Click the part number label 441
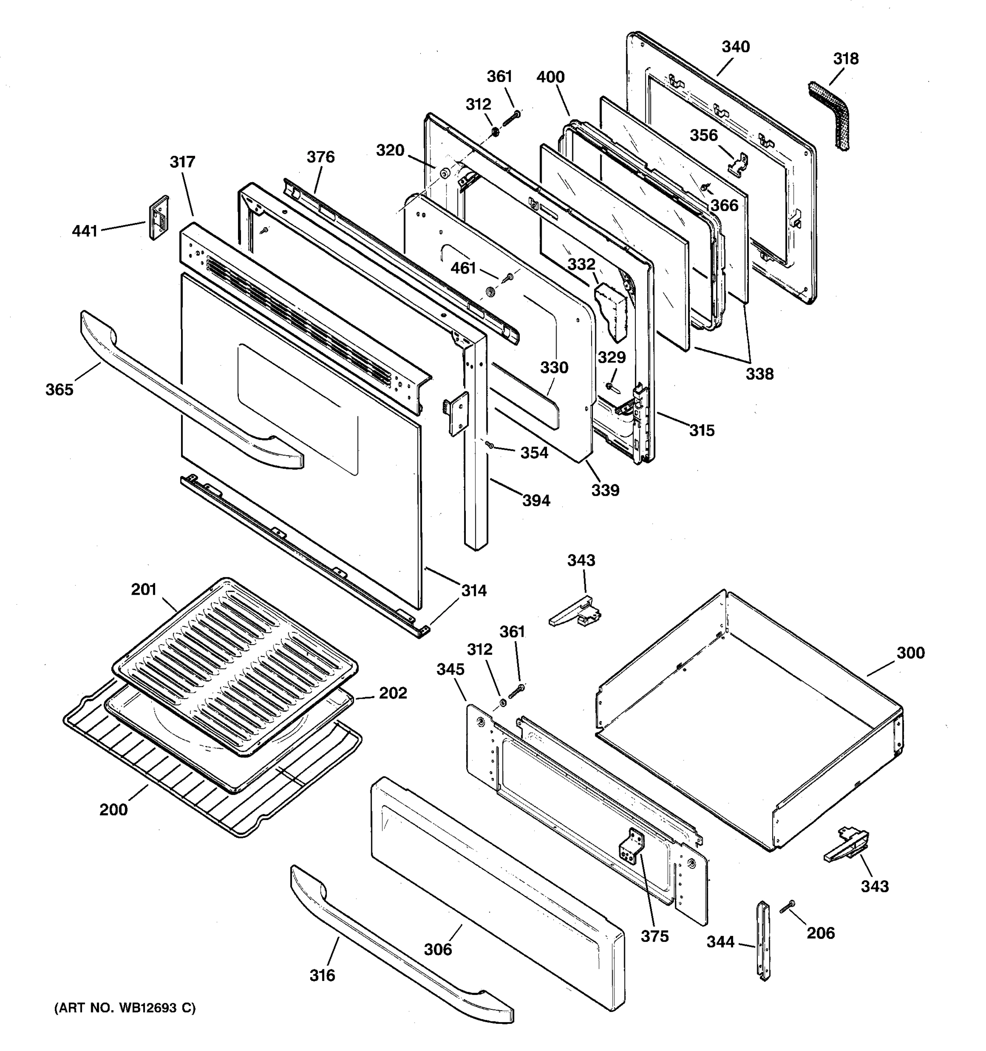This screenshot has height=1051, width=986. click(85, 231)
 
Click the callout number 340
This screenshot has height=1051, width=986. click(735, 47)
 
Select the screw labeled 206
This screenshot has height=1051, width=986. click(787, 906)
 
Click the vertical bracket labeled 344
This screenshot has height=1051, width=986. click(763, 941)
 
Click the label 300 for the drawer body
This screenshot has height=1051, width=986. click(910, 653)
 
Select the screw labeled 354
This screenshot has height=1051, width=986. click(490, 446)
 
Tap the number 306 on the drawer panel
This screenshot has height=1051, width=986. click(438, 949)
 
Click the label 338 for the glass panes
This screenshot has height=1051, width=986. click(759, 374)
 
